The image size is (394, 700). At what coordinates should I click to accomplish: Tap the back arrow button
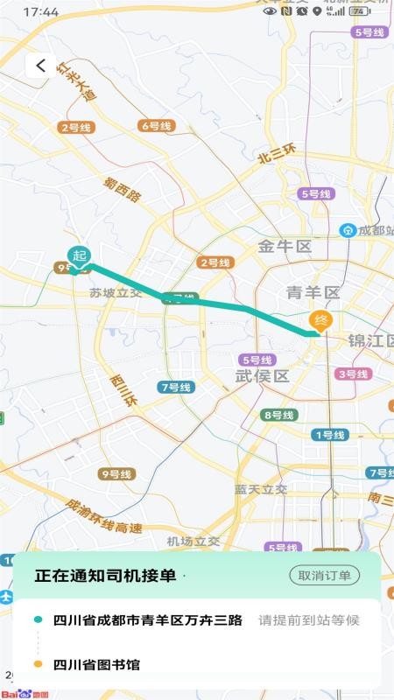point(40,66)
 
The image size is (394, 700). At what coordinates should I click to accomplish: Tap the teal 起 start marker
point(80,255)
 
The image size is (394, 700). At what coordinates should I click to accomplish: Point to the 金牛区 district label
point(285,247)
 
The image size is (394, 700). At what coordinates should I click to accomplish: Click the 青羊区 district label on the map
point(313,292)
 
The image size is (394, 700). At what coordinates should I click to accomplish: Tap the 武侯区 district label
point(262,375)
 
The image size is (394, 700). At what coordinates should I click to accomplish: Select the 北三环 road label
point(278,154)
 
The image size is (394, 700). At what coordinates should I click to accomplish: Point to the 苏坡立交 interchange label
point(116,294)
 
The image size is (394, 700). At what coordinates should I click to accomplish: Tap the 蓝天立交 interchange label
point(260,489)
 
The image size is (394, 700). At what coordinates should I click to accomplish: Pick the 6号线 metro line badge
point(157,126)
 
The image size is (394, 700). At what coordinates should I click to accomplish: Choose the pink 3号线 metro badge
point(352,374)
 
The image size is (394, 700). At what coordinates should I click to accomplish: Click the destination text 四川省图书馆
point(96,665)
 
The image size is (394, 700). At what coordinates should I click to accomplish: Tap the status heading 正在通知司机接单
point(106,575)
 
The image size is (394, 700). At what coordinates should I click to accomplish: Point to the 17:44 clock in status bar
point(41,12)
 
